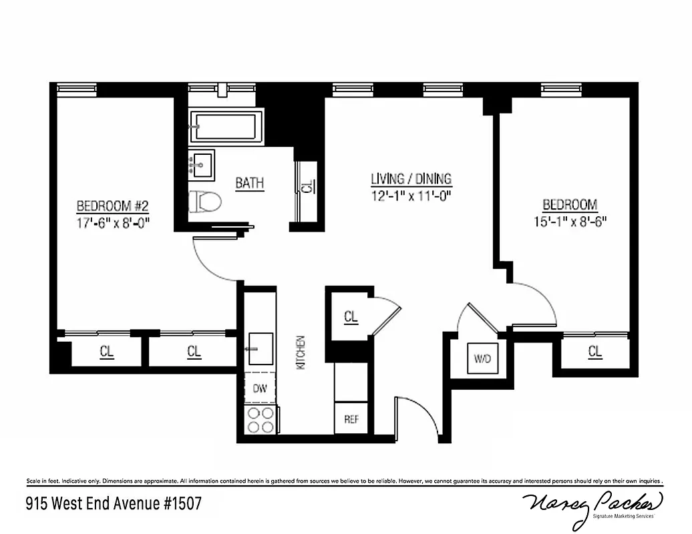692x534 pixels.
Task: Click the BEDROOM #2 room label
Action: (112, 206)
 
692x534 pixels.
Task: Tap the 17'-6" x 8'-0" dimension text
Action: (112, 223)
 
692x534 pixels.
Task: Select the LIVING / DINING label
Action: (411, 179)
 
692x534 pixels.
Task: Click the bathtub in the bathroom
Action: (226, 126)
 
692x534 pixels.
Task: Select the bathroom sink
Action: (200, 164)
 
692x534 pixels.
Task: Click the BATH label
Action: (249, 183)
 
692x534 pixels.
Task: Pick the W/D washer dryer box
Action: (482, 358)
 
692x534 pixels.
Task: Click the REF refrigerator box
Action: (351, 419)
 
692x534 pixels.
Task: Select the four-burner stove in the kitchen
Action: (261, 420)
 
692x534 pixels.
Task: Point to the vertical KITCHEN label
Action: (301, 352)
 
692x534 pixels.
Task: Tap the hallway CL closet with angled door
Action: (350, 317)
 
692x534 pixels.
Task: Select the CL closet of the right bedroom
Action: (594, 351)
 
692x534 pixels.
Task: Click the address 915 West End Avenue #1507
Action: (114, 502)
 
